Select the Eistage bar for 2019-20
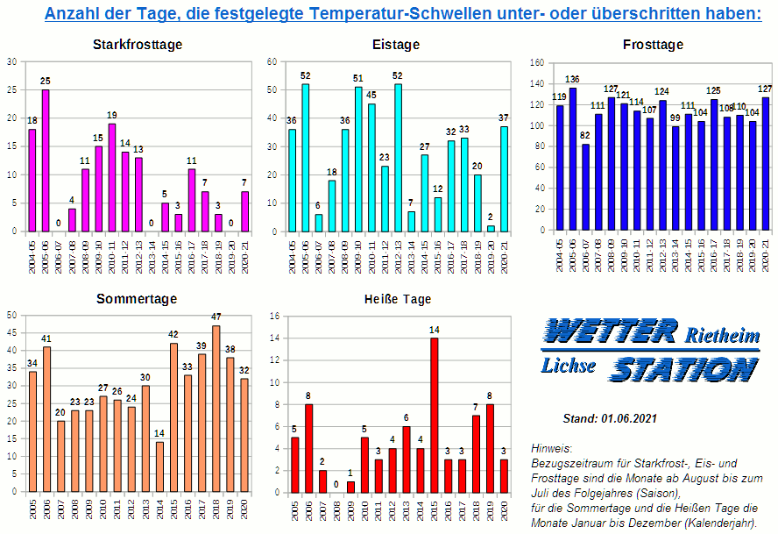[491, 227]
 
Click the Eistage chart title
[395, 45]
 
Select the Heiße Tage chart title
[397, 299]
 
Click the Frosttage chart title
[653, 45]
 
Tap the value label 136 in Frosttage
[572, 80]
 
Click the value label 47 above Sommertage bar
[216, 317]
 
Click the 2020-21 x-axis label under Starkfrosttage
[245, 255]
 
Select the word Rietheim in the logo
[722, 336]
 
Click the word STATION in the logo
[683, 369]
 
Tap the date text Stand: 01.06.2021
[610, 419]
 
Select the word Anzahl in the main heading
[74, 14]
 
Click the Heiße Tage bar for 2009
[350, 487]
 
